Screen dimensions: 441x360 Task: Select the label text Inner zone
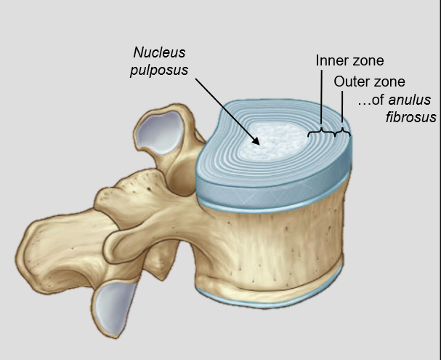click(x=349, y=60)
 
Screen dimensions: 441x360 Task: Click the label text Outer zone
click(x=369, y=81)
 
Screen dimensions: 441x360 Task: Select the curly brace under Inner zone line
click(x=323, y=132)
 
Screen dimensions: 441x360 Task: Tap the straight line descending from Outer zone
click(x=343, y=109)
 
